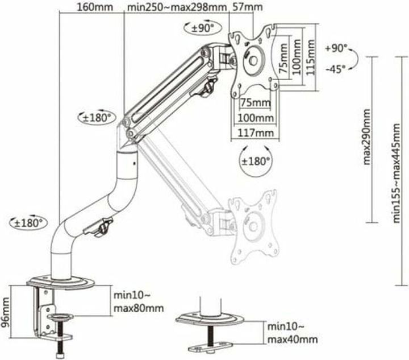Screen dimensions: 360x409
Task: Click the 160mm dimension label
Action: [x=91, y=7]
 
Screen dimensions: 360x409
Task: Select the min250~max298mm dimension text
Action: [x=176, y=7]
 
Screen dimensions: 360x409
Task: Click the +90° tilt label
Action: [x=336, y=48]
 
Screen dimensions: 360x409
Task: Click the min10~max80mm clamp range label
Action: [x=138, y=302]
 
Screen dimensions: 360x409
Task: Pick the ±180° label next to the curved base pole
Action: [x=28, y=222]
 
